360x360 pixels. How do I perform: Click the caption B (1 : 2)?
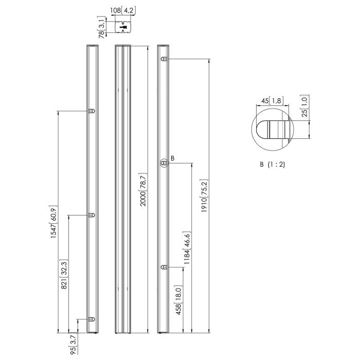[x=273, y=165]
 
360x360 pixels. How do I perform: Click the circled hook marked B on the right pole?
[x=165, y=163]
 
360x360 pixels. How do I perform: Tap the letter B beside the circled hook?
[x=173, y=158]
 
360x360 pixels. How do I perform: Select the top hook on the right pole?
[x=164, y=60]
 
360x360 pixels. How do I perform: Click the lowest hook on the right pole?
[x=164, y=267]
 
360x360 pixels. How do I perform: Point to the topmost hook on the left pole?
[x=92, y=111]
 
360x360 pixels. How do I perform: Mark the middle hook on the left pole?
[x=92, y=215]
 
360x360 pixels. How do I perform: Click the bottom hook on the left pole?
[x=92, y=319]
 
